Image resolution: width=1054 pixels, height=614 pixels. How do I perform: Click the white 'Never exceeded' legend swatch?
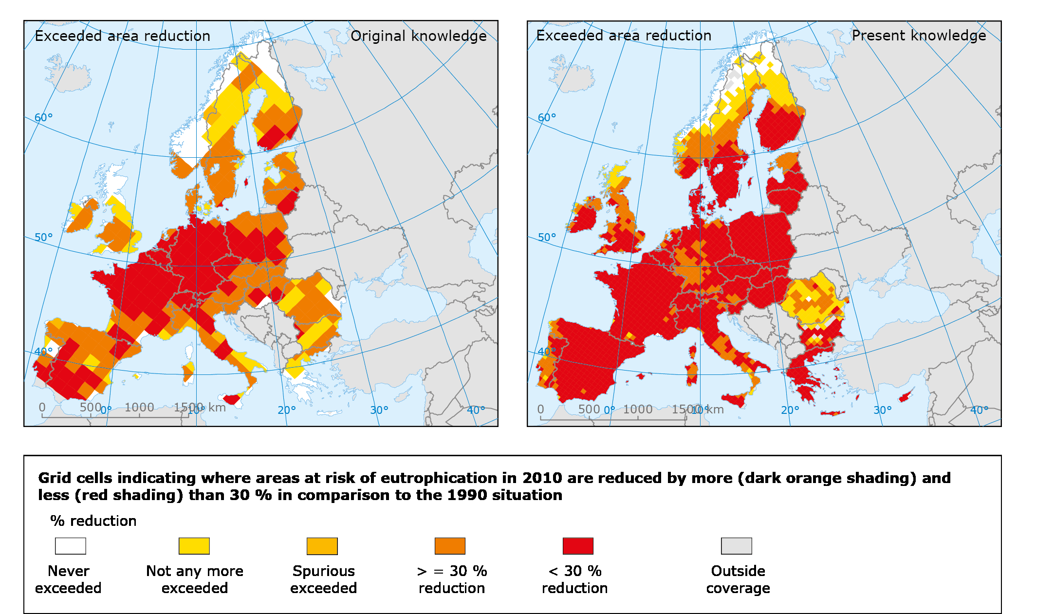[71, 546]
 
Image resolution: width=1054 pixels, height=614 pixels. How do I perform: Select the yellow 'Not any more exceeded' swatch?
[194, 546]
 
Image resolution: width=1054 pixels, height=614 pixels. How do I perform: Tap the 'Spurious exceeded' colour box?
[322, 546]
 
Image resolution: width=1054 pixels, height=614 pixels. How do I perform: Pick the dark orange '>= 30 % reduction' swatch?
[450, 546]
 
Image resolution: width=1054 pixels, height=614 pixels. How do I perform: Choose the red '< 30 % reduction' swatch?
[578, 546]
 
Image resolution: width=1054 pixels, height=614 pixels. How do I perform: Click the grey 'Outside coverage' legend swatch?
[736, 546]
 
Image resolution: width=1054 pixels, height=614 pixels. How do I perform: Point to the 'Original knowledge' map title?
[418, 36]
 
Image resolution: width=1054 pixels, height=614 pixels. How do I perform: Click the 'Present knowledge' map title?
[919, 36]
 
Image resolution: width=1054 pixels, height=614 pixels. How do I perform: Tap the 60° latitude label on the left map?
[43, 118]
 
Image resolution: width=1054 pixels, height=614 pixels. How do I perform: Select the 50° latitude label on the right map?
[547, 238]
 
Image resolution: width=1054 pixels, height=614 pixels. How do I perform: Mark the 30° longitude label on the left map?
[379, 410]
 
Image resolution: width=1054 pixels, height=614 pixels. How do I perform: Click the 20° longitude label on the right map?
[790, 410]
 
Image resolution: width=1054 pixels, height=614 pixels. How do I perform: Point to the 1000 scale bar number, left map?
[139, 408]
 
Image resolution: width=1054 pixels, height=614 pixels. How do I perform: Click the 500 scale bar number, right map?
[589, 409]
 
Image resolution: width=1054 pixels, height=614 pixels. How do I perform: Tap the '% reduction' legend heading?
[93, 521]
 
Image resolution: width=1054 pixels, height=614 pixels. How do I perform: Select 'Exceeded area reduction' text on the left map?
[123, 36]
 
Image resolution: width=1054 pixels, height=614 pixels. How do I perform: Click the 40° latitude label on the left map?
[43, 352]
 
